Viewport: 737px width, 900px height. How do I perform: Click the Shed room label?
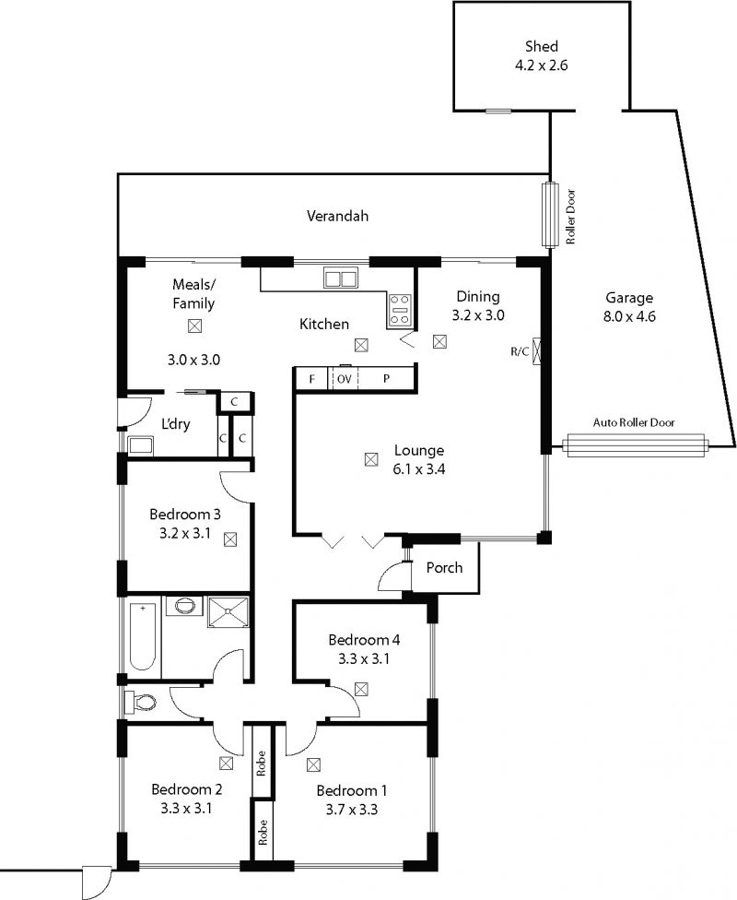click(x=542, y=46)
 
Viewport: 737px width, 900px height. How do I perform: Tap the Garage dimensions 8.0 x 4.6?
click(x=629, y=315)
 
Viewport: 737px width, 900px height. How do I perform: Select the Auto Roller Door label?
click(x=634, y=422)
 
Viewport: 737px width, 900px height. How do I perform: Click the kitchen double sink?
click(x=340, y=278)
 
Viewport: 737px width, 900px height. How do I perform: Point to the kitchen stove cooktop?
click(x=399, y=310)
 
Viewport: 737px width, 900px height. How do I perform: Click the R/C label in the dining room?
click(x=520, y=351)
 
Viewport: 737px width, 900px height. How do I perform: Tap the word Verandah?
click(x=337, y=217)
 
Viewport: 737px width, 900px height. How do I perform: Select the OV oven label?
click(x=345, y=379)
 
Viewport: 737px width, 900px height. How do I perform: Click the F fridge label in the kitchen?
click(x=312, y=379)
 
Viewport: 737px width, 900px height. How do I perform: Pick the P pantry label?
click(x=387, y=379)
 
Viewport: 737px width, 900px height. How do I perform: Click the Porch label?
click(x=444, y=568)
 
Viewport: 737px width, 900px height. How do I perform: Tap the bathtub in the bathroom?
click(x=142, y=636)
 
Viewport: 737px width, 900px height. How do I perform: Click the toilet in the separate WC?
click(x=141, y=702)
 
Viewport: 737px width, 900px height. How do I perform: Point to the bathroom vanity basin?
click(x=184, y=606)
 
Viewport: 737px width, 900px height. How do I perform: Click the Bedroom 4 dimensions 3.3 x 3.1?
click(x=364, y=659)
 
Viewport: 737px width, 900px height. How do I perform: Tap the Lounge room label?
click(x=418, y=451)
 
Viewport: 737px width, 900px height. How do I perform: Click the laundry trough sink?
click(x=141, y=445)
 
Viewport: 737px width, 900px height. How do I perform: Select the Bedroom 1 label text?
click(x=352, y=791)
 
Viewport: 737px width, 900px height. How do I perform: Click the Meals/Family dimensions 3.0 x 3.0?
click(x=193, y=360)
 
